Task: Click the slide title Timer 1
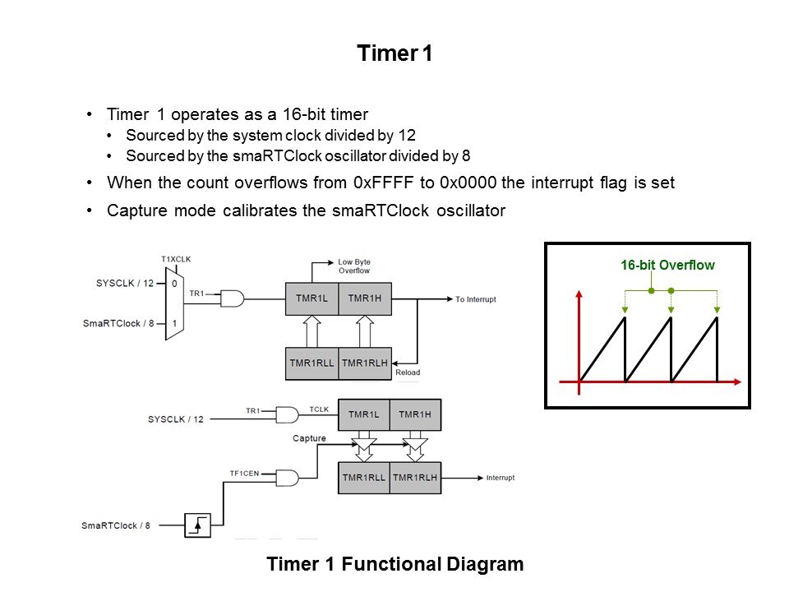tap(394, 54)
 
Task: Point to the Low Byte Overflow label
tap(353, 267)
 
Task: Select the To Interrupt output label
tap(476, 299)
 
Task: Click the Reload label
tap(408, 372)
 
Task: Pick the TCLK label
tap(318, 408)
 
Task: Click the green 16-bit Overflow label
tap(667, 266)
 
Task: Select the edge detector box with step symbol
tap(197, 524)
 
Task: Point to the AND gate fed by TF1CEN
tap(289, 478)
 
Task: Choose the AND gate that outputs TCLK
tap(289, 414)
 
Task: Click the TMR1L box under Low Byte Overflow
tap(311, 298)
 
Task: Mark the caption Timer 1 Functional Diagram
tap(394, 565)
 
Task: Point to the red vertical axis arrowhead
tap(581, 293)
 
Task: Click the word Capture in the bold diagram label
tap(309, 438)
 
